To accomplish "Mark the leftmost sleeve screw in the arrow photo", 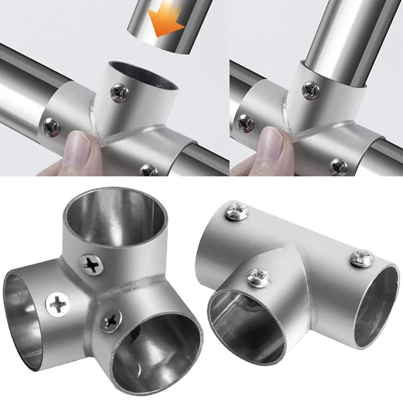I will (x=51, y=127).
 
